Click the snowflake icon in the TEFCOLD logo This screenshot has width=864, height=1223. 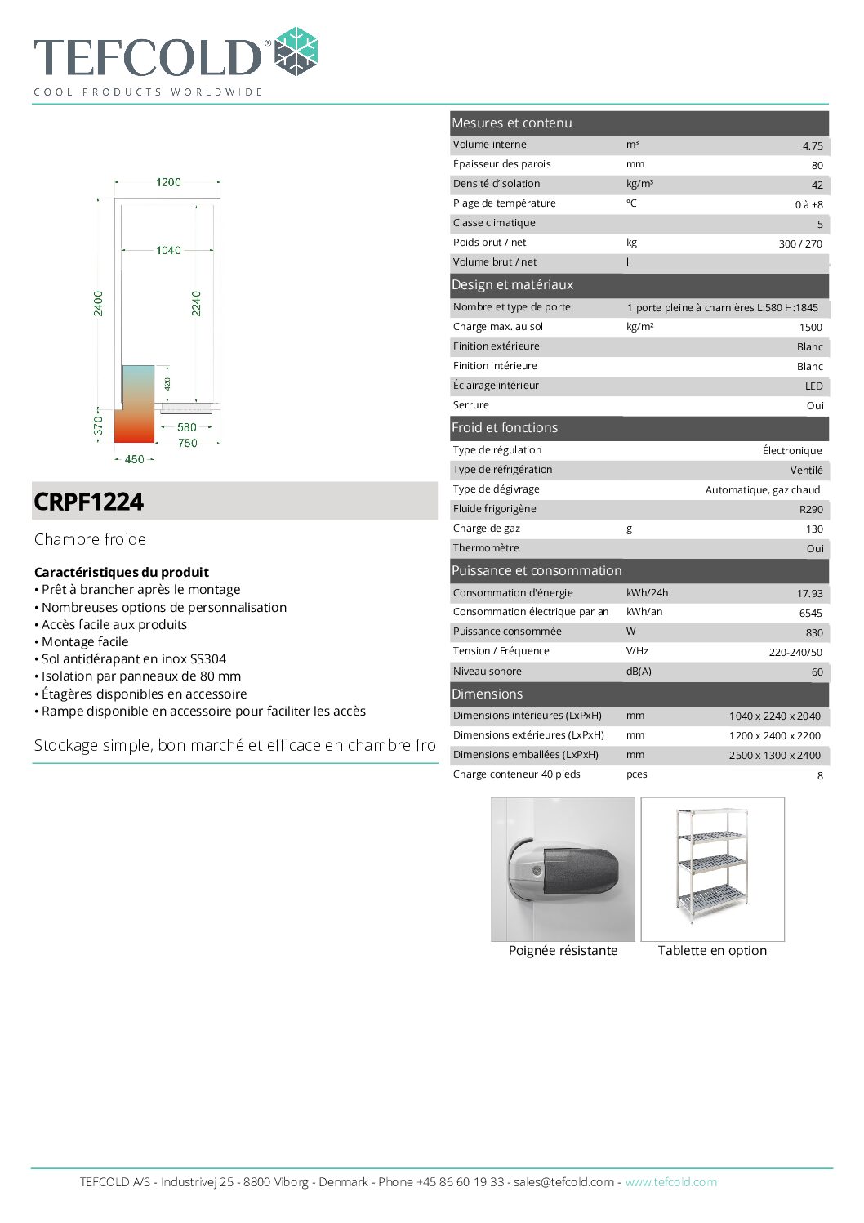pos(296,51)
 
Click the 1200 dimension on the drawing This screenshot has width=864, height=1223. pos(168,182)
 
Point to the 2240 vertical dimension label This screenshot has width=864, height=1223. pos(196,303)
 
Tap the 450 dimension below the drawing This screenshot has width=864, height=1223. pos(134,459)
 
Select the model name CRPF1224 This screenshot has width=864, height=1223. pos(89,502)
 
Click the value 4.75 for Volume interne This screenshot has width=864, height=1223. pos(812,146)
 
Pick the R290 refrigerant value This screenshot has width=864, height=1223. pos(810,509)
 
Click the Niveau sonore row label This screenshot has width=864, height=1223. pos(488,672)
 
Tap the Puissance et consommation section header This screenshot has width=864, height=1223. pos(537,571)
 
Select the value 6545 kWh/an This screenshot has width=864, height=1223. pos(810,613)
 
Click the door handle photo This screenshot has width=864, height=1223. pos(563,869)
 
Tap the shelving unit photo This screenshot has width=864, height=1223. pos(712,868)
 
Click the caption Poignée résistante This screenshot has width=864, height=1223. pos(563,951)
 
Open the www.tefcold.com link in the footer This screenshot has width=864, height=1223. pos(670,1182)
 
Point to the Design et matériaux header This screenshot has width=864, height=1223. pos(513,285)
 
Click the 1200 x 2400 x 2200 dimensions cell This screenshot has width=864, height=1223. pos(774,735)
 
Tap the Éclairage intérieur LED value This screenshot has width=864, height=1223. pos(813,386)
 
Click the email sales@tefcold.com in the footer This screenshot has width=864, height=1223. pos(563,1182)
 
